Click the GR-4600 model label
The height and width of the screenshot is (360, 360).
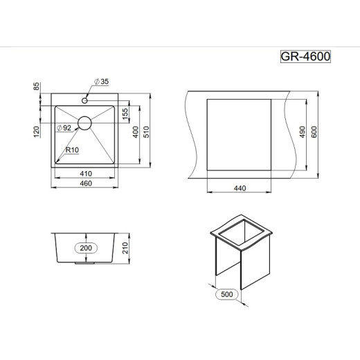pos(305,57)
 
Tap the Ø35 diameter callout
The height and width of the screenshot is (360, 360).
pos(101,82)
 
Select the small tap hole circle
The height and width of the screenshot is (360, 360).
pos(84,100)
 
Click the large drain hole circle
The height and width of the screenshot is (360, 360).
pos(84,123)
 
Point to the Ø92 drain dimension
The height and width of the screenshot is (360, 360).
pos(64,128)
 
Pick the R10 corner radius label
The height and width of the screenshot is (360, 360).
pos(72,150)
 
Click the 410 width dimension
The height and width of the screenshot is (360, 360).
pos(86,174)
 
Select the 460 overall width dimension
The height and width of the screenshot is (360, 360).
pos(86,183)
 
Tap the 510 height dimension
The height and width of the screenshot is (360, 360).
pos(147,132)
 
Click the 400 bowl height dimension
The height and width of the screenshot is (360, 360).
pos(136,132)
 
